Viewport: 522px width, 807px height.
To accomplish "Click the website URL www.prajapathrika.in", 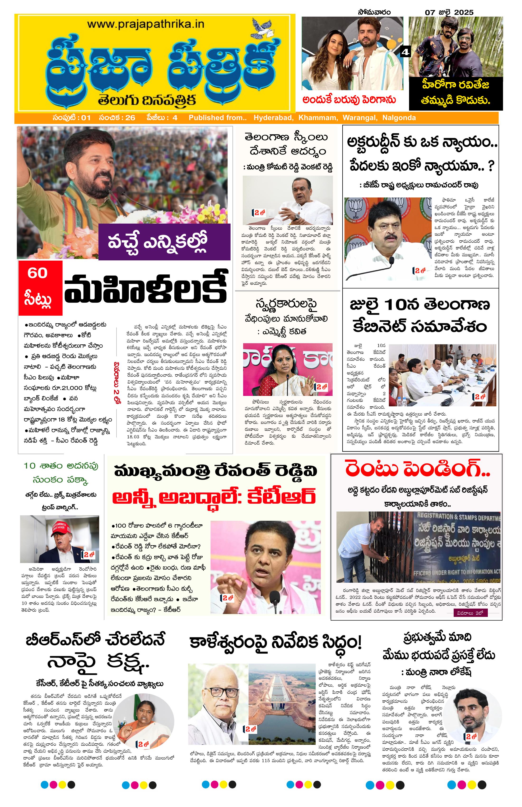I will pos(146,24).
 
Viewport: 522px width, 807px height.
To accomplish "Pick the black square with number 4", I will pos(405,52).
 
